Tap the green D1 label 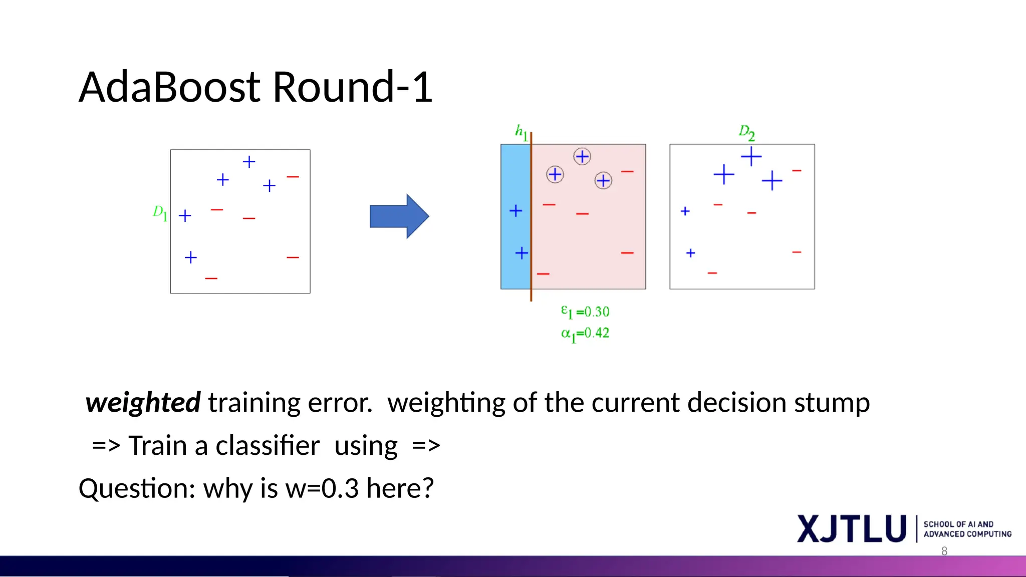pyautogui.click(x=160, y=212)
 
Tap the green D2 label pyautogui.click(x=746, y=133)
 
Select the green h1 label pyautogui.click(x=521, y=132)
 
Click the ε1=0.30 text pyautogui.click(x=585, y=312)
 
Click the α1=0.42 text pyautogui.click(x=585, y=334)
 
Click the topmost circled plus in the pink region pyautogui.click(x=582, y=157)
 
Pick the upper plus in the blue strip pyautogui.click(x=516, y=211)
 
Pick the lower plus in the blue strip pyautogui.click(x=522, y=253)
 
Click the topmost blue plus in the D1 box pyautogui.click(x=249, y=162)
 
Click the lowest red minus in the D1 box pyautogui.click(x=211, y=278)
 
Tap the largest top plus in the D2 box pyautogui.click(x=751, y=156)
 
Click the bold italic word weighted pyautogui.click(x=143, y=403)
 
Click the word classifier pyautogui.click(x=267, y=446)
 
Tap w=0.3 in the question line pyautogui.click(x=322, y=489)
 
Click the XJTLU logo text pyautogui.click(x=852, y=529)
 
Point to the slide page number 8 pyautogui.click(x=944, y=551)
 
